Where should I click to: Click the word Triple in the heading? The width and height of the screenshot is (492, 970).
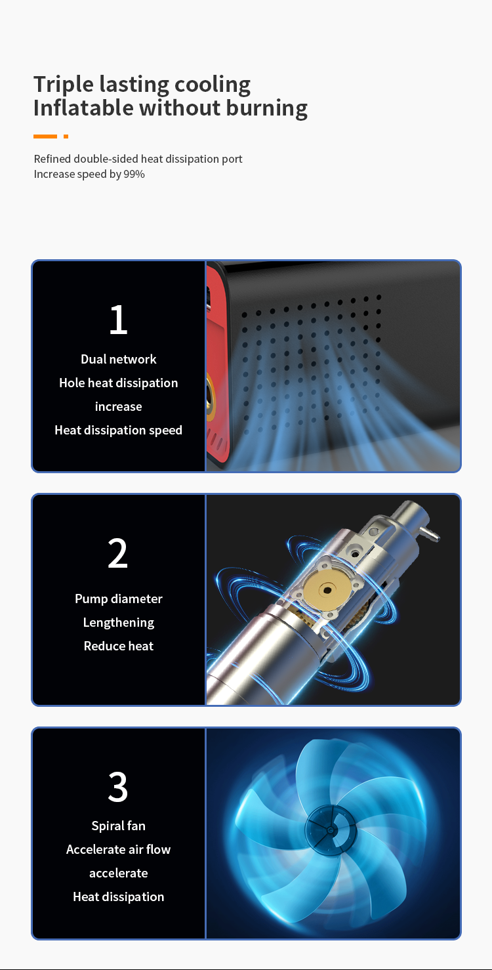[x=64, y=85]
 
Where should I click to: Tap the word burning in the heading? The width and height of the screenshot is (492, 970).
[x=266, y=108]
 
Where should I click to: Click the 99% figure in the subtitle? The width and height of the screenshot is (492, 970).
[x=134, y=174]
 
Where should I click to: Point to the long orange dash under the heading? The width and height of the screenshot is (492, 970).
[x=45, y=137]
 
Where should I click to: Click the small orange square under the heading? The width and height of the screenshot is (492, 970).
[x=66, y=137]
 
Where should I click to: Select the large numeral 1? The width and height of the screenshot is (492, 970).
[x=119, y=320]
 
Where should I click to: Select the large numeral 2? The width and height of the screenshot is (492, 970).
[x=117, y=553]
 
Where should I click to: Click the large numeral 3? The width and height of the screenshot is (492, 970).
[x=117, y=787]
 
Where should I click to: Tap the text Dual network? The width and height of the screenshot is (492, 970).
[x=119, y=359]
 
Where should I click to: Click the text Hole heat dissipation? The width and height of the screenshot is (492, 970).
[x=119, y=383]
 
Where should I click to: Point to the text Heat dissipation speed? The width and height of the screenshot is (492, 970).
[x=119, y=430]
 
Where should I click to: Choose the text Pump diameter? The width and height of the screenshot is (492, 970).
[x=119, y=599]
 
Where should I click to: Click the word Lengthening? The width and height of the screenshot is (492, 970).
[x=119, y=623]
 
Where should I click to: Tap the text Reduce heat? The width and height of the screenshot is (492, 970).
[x=119, y=646]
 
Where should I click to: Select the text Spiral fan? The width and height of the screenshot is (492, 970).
[x=119, y=826]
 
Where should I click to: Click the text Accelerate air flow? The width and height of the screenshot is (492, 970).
[x=119, y=849]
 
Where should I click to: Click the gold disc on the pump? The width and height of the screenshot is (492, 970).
[x=327, y=590]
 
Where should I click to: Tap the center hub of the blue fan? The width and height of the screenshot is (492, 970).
[x=330, y=830]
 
